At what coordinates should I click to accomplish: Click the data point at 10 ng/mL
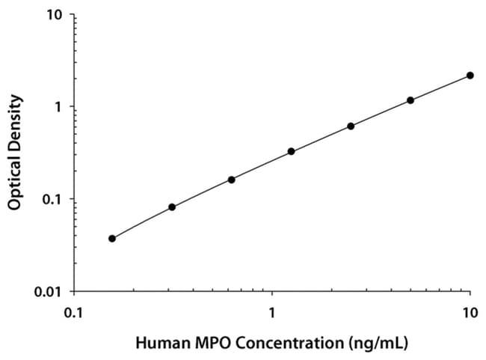[470, 76]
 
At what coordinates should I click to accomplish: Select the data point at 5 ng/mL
[410, 100]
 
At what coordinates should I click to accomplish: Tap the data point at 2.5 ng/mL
[351, 126]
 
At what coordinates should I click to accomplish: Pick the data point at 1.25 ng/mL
[291, 151]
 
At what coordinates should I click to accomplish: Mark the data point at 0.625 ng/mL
[232, 180]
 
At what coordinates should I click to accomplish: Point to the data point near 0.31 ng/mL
[172, 207]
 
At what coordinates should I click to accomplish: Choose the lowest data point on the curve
[112, 239]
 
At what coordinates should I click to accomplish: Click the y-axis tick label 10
[55, 15]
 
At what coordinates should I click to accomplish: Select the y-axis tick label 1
[59, 107]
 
